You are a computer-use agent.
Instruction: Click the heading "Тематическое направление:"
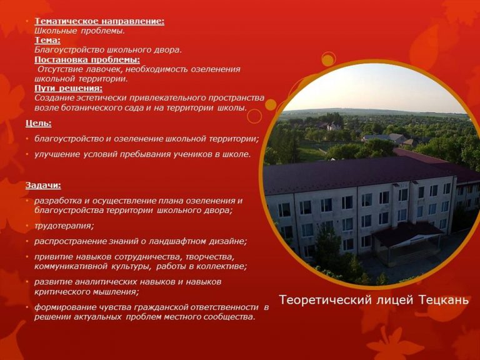click(99, 21)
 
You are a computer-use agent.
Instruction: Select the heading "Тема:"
click(47, 40)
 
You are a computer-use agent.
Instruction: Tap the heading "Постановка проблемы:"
click(87, 59)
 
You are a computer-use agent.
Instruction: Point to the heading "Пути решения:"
click(68, 88)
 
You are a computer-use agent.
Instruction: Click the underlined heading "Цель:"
click(39, 123)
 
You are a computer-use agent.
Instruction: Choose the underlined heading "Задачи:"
click(43, 186)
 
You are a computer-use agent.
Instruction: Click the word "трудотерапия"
click(62, 226)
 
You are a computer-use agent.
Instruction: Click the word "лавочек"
click(104, 69)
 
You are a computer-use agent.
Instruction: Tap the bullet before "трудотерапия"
click(27, 226)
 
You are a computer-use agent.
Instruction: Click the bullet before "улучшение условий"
click(27, 154)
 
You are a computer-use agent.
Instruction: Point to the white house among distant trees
click(333, 126)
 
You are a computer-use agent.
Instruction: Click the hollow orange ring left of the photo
click(254, 116)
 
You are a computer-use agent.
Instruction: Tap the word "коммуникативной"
click(71, 266)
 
